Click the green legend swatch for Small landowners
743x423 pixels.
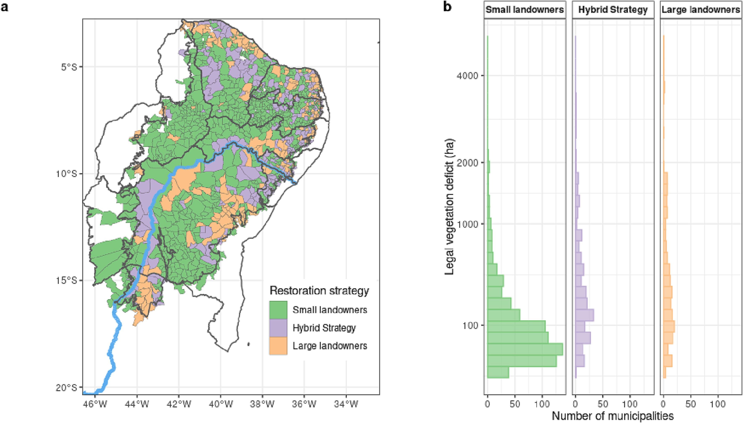[278, 310]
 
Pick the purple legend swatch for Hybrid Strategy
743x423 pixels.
[278, 328]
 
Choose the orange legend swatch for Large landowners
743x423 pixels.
[278, 346]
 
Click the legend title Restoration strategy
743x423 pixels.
[319, 290]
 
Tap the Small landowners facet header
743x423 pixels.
[525, 10]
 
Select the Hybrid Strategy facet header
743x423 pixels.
[613, 10]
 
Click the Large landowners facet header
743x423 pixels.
[701, 10]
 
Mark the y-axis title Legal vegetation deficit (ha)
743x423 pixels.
[449, 207]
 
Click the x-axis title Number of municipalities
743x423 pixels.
[613, 416]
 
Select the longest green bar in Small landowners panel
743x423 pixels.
[525, 349]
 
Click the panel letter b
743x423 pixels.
[447, 6]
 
